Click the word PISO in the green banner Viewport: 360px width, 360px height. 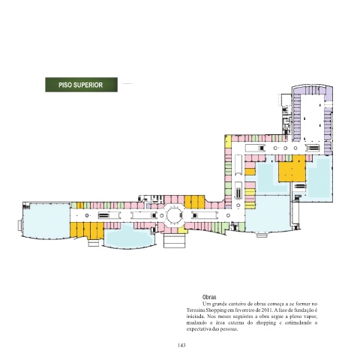tap(65, 85)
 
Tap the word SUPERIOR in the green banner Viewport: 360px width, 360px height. tap(88, 85)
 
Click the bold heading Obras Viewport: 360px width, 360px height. tap(209, 297)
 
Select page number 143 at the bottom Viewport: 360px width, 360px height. tap(181, 345)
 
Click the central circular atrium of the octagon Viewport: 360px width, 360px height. tap(174, 215)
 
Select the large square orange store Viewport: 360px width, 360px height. tap(292, 169)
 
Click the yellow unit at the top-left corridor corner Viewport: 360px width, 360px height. tap(228, 142)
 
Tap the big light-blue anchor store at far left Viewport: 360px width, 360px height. tap(46, 220)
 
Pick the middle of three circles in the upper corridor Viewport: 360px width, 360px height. tap(285, 148)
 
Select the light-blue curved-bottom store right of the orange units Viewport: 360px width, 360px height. tap(129, 236)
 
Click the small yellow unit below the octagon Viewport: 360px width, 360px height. tap(183, 230)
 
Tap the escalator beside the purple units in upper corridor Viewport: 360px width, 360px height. tap(313, 148)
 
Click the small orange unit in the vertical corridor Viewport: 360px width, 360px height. tap(250, 172)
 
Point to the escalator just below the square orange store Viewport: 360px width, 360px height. tap(300, 186)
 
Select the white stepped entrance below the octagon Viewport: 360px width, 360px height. tap(174, 241)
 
